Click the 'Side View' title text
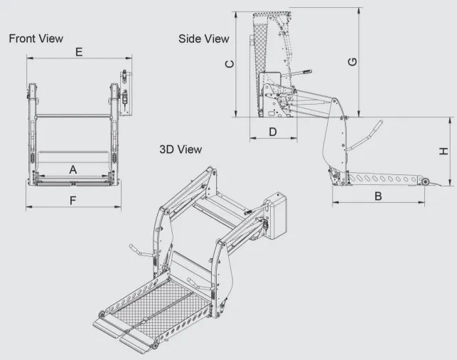tap(204, 39)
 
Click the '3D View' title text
tap(180, 149)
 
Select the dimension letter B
tap(378, 195)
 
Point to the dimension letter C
tap(229, 64)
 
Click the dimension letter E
tap(79, 52)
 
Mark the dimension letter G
tap(353, 63)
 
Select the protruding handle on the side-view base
tap(302, 73)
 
